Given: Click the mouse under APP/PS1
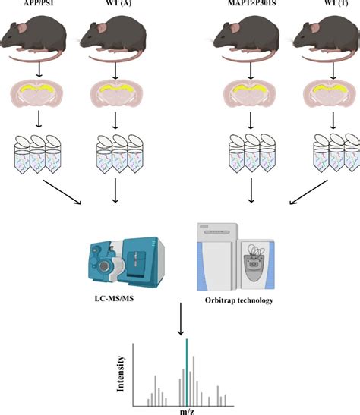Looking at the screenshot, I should pyautogui.click(x=34, y=42).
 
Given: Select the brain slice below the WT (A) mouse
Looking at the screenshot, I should pyautogui.click(x=115, y=99).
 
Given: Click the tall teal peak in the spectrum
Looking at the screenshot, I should pyautogui.click(x=186, y=372).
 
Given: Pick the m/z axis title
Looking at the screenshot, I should pyautogui.click(x=186, y=410).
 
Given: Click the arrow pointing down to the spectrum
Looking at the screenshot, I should pyautogui.click(x=179, y=317).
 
